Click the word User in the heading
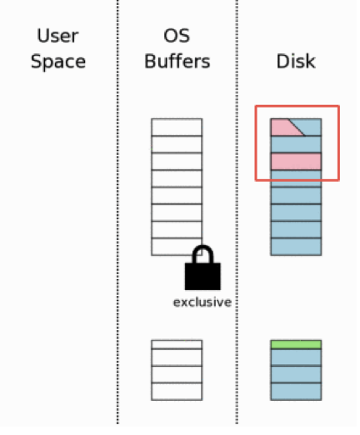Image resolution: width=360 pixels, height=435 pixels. (x=57, y=36)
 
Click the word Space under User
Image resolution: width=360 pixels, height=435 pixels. (x=58, y=62)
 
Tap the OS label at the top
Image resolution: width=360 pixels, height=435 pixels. (x=177, y=36)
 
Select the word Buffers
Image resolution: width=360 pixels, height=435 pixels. (x=177, y=62)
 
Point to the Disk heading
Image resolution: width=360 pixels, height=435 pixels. (x=296, y=62)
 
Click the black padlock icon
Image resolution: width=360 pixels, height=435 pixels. (x=202, y=267)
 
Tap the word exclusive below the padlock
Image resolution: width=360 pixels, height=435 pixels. (x=202, y=302)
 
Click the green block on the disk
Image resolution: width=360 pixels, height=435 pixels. (x=296, y=344)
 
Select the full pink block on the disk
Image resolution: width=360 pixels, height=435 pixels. (x=296, y=162)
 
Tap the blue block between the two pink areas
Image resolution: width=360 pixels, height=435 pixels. (x=296, y=144)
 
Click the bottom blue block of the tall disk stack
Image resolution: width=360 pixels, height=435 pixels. (x=296, y=247)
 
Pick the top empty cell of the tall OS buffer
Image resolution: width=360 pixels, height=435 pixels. (x=177, y=127)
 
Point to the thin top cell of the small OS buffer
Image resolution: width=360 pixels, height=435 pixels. (x=177, y=344)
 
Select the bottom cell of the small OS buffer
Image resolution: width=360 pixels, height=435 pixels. (x=177, y=392)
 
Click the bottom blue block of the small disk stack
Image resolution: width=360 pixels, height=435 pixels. (x=296, y=392)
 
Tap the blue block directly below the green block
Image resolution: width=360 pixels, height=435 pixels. (x=296, y=357)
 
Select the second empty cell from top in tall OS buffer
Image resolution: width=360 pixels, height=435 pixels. (x=177, y=144)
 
